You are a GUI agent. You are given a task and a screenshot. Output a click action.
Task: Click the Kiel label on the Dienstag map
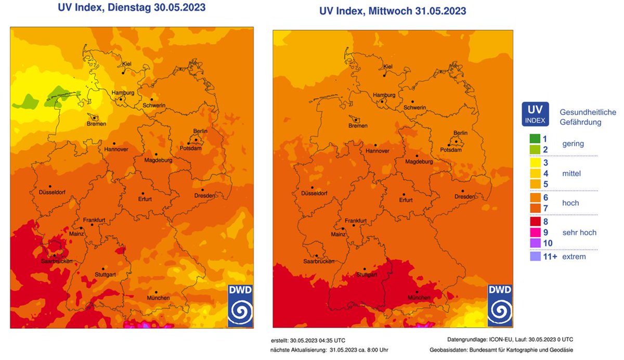pos(127,64)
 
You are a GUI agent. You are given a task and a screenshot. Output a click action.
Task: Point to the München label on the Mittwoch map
pos(419,298)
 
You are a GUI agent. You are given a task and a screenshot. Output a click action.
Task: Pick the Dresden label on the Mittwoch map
pos(464,197)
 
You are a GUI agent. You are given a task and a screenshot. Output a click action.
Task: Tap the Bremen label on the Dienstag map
pos(97,124)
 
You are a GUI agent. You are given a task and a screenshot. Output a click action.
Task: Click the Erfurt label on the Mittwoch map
pos(406,200)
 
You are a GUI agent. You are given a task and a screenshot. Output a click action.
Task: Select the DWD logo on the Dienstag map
pos(240,306)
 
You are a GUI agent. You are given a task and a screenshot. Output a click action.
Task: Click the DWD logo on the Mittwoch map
pos(500,306)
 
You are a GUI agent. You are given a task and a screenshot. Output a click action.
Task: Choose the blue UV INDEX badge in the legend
pos(536,114)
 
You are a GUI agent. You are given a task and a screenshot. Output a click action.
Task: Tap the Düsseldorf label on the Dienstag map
pos(54,193)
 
